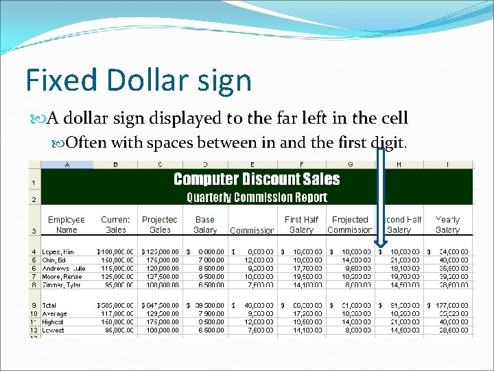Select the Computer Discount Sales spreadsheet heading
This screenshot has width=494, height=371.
pos(257,179)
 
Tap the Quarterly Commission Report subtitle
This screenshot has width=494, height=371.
pos(257,198)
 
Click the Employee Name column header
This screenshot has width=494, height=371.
pos(67,225)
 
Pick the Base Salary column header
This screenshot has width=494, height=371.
pos(205,225)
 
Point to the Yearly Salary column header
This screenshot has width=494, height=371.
pos(447,225)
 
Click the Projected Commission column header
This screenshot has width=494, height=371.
pos(350,225)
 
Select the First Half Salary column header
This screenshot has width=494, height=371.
pos(301,225)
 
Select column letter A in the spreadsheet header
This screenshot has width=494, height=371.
pos(67,165)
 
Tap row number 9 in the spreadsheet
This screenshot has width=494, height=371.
pos(34,304)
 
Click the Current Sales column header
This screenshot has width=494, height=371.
pos(115,225)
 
